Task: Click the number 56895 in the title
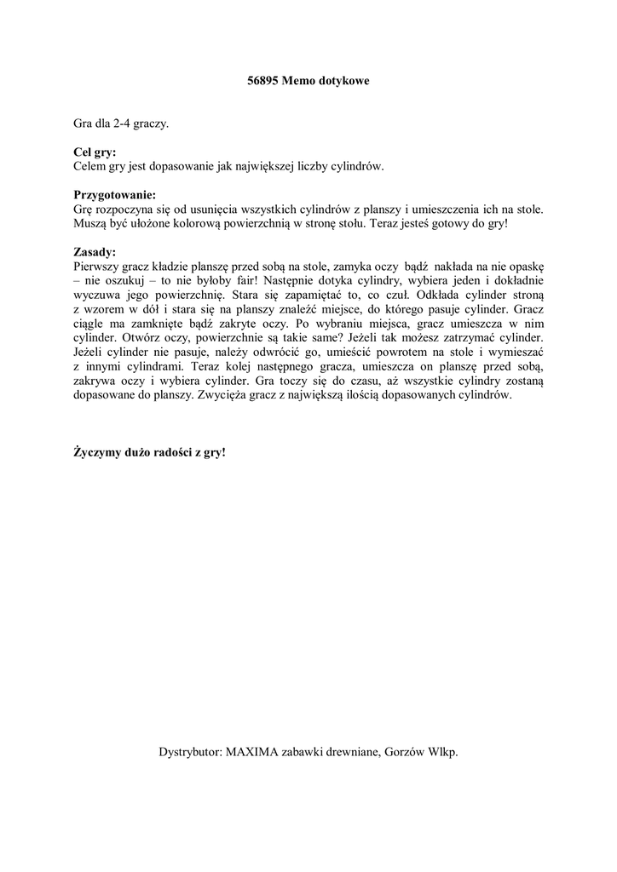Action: tap(251, 80)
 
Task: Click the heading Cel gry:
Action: tap(95, 153)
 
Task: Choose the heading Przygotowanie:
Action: tap(114, 195)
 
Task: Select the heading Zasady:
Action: tap(95, 252)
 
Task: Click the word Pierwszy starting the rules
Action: tap(97, 266)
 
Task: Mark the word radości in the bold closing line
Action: tap(157, 452)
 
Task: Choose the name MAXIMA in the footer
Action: tap(251, 752)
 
